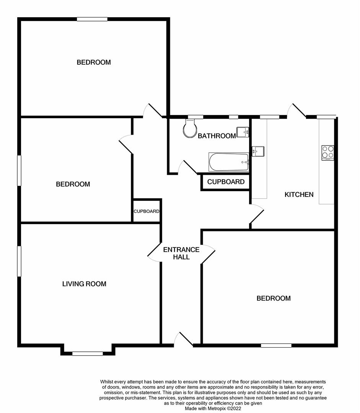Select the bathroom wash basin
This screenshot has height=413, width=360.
[x=243, y=132]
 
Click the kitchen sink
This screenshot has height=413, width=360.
[x=258, y=151]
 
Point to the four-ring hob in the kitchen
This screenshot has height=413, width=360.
[x=327, y=152]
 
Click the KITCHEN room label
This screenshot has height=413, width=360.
[x=299, y=195]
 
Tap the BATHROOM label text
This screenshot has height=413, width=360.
[x=217, y=136]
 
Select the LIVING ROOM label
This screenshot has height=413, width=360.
[x=84, y=284]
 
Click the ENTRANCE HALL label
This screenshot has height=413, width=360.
[x=181, y=254]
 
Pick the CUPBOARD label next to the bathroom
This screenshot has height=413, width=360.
[x=226, y=182]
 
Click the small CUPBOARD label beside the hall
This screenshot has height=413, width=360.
[x=147, y=211]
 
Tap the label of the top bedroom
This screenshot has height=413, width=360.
[x=94, y=62]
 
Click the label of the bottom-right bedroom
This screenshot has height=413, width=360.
[x=273, y=298]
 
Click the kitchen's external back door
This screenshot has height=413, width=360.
[x=298, y=111]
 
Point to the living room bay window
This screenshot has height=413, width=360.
[x=88, y=353]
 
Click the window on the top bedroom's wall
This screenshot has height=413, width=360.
[x=92, y=19]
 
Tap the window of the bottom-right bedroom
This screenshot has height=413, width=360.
[x=276, y=345]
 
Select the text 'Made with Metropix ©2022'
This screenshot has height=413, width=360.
[x=213, y=408]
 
